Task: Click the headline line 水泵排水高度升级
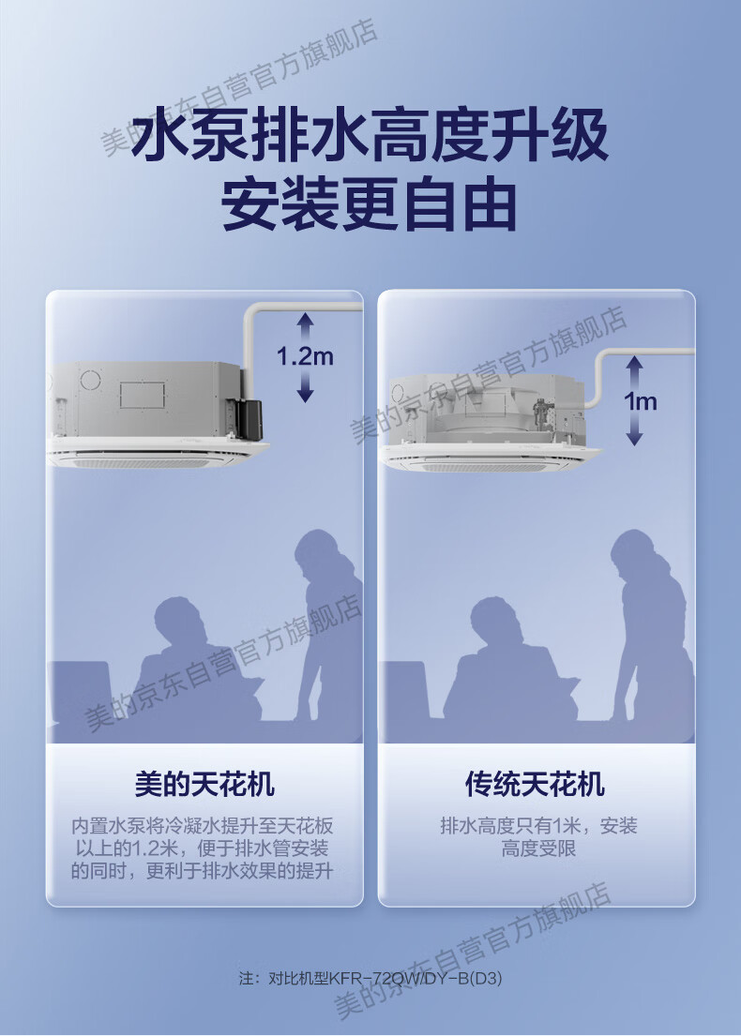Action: [370, 135]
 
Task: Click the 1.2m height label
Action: [305, 357]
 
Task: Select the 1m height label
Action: [640, 401]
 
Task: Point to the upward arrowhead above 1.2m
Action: [305, 321]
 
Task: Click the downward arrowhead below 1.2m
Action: [305, 395]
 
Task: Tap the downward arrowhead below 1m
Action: [635, 438]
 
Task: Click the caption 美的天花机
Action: [204, 785]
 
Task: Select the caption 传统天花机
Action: [535, 785]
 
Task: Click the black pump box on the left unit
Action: [250, 419]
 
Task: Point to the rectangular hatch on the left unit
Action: [142, 395]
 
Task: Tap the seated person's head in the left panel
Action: [177, 623]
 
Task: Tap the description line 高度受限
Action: [538, 848]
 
